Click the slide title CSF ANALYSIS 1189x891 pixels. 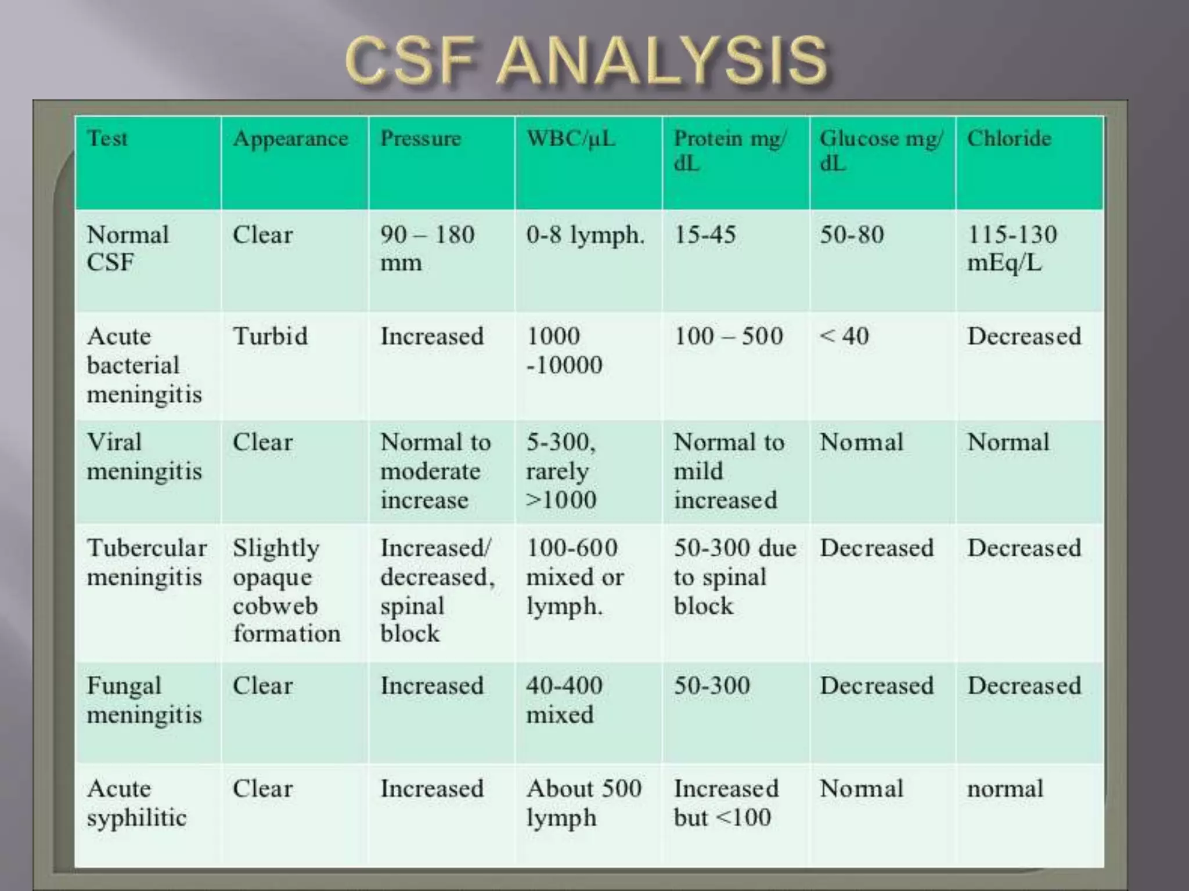pos(586,60)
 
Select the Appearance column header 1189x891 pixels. pos(290,139)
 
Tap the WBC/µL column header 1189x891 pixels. pos(570,139)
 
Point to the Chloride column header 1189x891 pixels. pos(1009,139)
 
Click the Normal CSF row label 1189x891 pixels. pos(128,248)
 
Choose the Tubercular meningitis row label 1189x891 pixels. pos(146,562)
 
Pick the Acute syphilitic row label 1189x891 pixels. pos(137,803)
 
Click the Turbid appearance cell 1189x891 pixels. pos(270,336)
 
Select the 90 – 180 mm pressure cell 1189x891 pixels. pos(427,248)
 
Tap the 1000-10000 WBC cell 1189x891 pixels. pos(564,350)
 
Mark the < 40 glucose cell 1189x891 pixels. pos(845,336)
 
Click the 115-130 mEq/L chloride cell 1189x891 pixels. pos(1012,248)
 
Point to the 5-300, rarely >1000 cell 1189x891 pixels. pos(561,470)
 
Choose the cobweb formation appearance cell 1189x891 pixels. pos(286,591)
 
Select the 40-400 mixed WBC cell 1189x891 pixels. pos(564,700)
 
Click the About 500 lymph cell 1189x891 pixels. pos(583,803)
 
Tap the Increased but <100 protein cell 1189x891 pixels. pos(726,803)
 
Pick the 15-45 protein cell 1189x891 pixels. pos(705,235)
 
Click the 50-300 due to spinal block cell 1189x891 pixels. pos(734,577)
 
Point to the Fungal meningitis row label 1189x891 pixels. pos(145,700)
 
